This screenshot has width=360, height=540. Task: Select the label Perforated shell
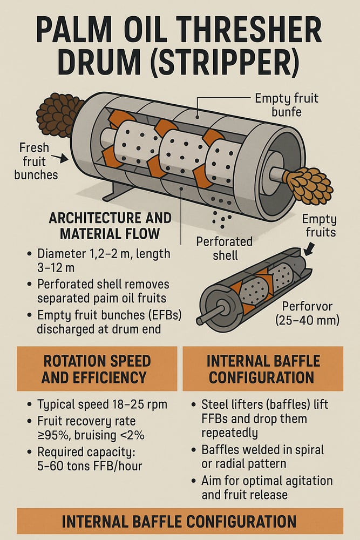point(225,248)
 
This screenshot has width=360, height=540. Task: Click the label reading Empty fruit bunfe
point(287,105)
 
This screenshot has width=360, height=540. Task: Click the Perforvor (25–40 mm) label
point(307,313)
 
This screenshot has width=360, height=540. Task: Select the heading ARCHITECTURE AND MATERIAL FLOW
point(110,226)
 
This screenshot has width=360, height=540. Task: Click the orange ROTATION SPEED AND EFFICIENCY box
point(97,369)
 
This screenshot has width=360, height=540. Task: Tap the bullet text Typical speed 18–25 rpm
point(102,404)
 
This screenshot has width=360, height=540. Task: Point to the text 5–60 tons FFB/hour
point(90,466)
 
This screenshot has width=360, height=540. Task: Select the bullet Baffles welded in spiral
point(263,450)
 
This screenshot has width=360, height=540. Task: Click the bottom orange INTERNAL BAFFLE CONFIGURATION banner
point(180,522)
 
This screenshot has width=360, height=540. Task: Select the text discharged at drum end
point(99,329)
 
